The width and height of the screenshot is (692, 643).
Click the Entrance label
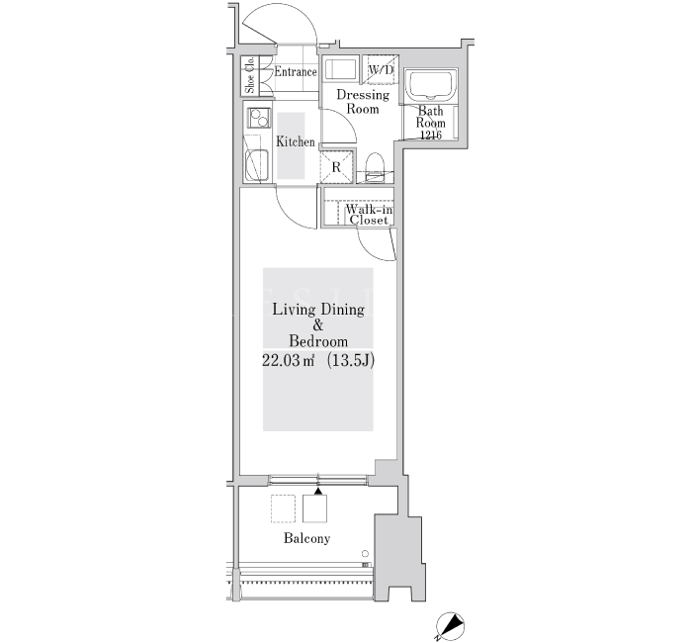point(296,71)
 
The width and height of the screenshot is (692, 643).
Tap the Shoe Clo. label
point(250,75)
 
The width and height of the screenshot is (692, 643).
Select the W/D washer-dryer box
point(381,69)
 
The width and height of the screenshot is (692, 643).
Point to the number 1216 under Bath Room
point(431,136)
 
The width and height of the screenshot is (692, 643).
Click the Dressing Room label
point(363,102)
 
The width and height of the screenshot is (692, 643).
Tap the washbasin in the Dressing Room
point(340,69)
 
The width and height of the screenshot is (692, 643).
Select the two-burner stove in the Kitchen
point(259,118)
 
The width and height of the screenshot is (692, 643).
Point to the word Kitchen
point(296,141)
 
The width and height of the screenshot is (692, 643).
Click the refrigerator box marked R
point(337,167)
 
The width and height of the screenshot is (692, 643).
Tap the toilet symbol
point(376,166)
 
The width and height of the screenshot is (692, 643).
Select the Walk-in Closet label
point(369,215)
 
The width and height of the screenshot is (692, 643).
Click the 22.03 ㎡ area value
point(289,361)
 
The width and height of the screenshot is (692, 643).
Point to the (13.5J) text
point(351,361)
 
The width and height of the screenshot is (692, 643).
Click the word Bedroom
point(318,341)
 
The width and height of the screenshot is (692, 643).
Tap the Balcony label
point(306,538)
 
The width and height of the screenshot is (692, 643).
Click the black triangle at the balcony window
point(318,491)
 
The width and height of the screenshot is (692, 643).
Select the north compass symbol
point(450,626)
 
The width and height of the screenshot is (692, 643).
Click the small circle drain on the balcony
point(365,554)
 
